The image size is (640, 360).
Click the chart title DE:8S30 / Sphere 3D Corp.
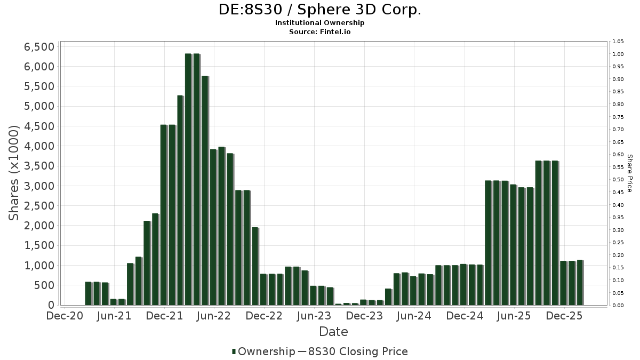point(319,10)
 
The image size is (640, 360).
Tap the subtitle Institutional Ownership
point(319,23)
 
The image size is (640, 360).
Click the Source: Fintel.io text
point(319,31)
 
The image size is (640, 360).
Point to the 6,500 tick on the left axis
point(39,47)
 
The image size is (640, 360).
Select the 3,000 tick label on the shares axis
point(39,186)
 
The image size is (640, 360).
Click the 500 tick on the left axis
point(44,285)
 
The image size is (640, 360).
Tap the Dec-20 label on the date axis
point(65,316)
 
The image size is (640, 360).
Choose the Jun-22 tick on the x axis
point(214,316)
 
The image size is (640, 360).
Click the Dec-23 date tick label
point(364,316)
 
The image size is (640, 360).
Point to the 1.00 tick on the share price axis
point(618,54)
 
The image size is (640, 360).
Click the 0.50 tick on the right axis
point(618,180)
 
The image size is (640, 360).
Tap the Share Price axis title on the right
point(629,173)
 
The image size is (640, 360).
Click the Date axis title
point(333,332)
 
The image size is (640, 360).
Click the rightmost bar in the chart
point(580,283)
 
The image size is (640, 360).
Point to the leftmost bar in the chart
point(89,293)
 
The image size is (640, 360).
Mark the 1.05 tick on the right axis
point(618,42)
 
